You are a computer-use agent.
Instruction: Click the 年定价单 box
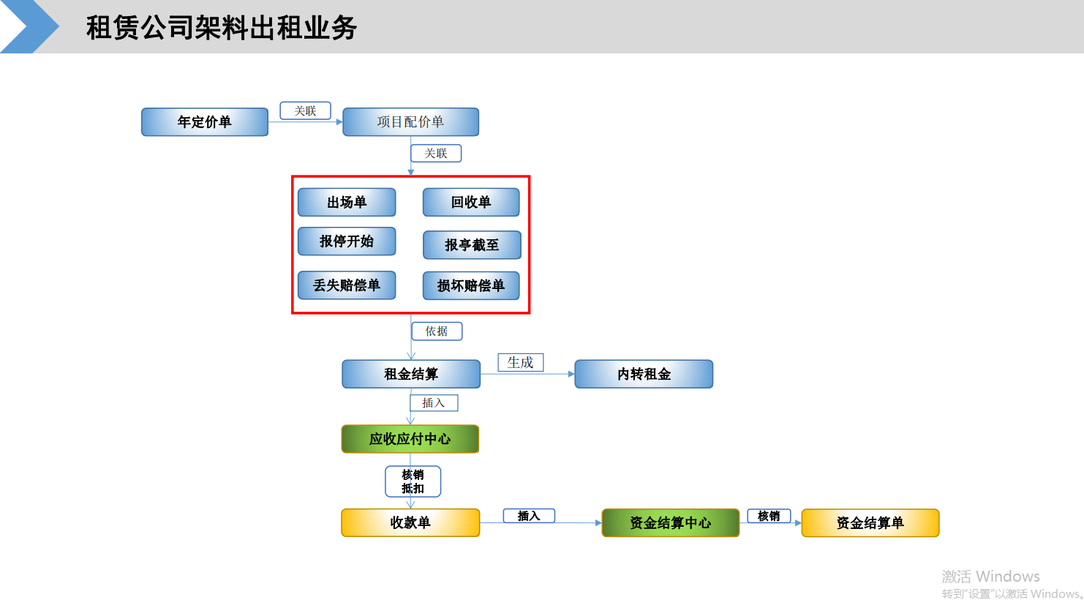click(205, 122)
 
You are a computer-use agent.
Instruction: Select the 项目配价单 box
click(411, 122)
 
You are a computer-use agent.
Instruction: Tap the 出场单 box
click(347, 203)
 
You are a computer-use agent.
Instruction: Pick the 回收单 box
click(471, 203)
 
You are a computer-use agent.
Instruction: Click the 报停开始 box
click(347, 241)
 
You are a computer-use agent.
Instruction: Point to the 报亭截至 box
click(472, 245)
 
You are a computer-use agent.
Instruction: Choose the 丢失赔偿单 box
click(347, 285)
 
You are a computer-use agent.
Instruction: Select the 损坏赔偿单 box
click(471, 285)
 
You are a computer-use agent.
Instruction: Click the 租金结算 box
click(411, 374)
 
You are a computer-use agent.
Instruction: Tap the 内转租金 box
click(644, 374)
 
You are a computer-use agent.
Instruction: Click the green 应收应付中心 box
click(410, 439)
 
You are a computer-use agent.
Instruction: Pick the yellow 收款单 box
click(410, 523)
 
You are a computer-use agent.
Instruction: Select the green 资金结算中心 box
click(671, 523)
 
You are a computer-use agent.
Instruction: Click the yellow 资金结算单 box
click(870, 523)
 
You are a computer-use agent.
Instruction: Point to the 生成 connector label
click(521, 363)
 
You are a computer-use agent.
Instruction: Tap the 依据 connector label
click(437, 331)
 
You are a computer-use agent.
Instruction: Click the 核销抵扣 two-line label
click(413, 481)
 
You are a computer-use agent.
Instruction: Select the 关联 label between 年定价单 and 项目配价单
click(305, 111)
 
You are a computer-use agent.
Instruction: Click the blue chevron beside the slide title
click(30, 26)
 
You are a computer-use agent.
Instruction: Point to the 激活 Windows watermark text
click(990, 577)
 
